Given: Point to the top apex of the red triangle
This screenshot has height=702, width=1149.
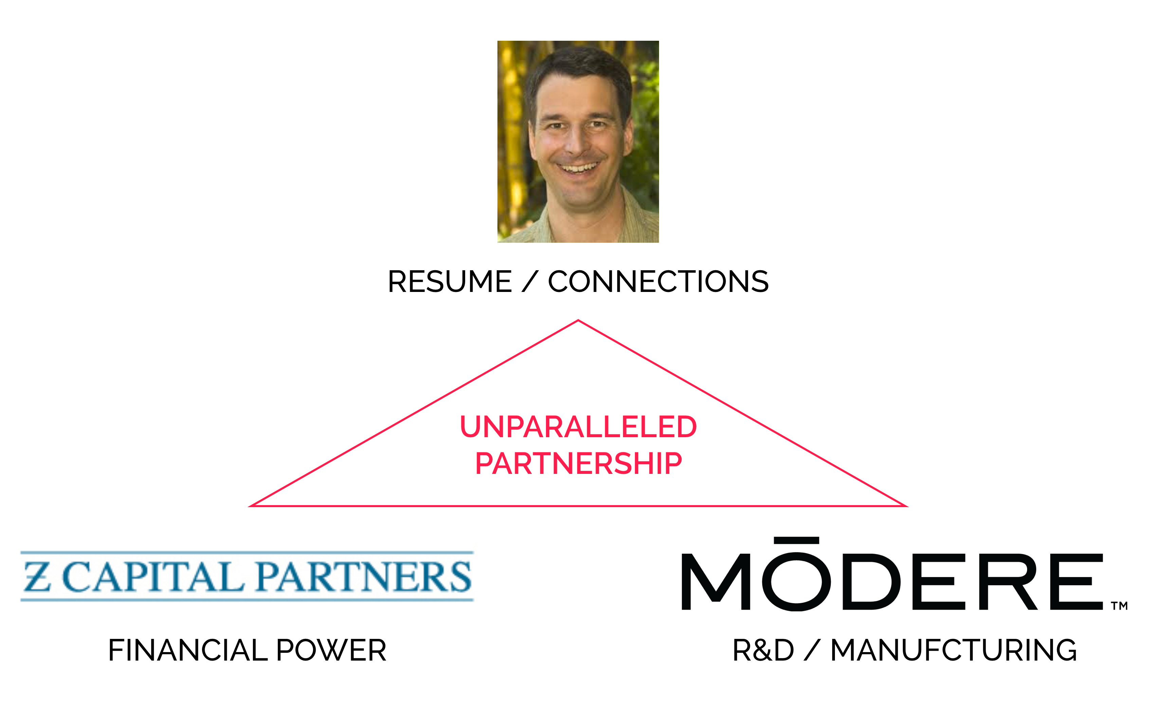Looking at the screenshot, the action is tap(578, 320).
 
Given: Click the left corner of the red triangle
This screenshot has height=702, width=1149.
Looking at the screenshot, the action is tap(250, 506).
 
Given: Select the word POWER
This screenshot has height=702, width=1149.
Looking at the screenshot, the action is tap(331, 650).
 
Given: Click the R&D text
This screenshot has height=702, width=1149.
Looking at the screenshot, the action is tap(763, 650).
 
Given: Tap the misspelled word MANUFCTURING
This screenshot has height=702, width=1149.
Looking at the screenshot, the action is tap(954, 650).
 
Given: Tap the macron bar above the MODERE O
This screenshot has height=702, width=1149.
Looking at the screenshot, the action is tap(797, 541).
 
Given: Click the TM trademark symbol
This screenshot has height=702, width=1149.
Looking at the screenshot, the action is tap(1119, 606).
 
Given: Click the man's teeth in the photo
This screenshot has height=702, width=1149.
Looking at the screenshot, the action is tap(579, 167).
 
